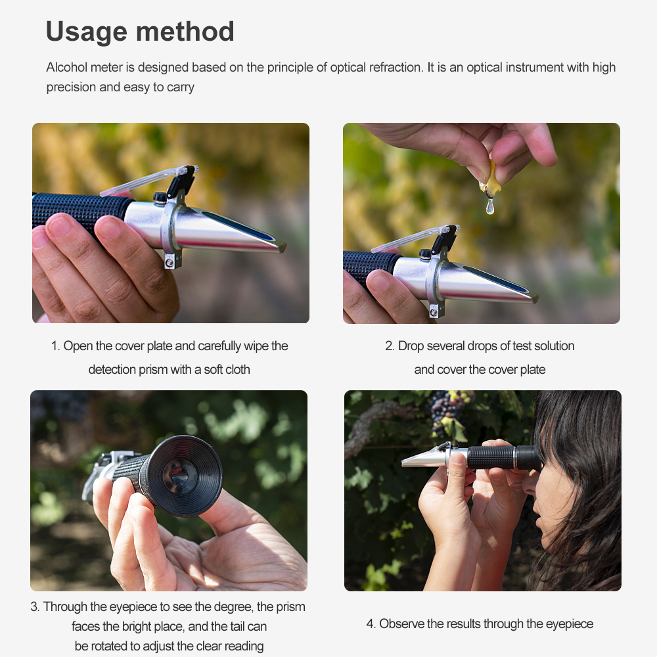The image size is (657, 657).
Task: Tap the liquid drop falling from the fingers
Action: pyautogui.click(x=489, y=208)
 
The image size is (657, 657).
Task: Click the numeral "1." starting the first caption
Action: pyautogui.click(x=56, y=346)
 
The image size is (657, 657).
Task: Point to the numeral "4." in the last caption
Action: pyautogui.click(x=371, y=623)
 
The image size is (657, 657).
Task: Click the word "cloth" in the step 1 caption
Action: pyautogui.click(x=238, y=370)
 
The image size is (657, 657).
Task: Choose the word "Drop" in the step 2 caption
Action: pyautogui.click(x=413, y=346)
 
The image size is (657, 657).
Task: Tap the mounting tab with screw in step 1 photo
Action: pyautogui.click(x=170, y=261)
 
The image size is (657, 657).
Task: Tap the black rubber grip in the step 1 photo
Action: pyautogui.click(x=79, y=209)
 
